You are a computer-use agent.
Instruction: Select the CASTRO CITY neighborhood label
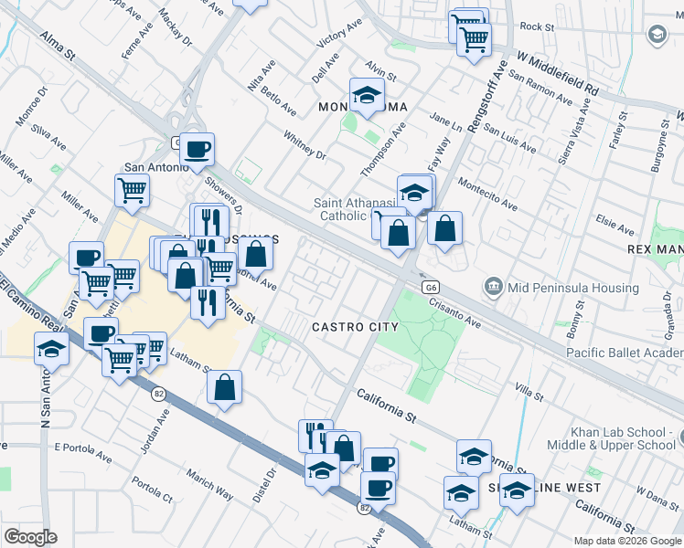click(x=355, y=327)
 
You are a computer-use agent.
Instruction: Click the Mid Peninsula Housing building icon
click(x=494, y=287)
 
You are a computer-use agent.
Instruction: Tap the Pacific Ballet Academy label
click(x=625, y=353)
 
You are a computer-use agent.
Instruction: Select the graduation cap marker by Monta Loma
click(x=367, y=95)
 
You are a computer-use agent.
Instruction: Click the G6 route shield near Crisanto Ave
click(x=431, y=287)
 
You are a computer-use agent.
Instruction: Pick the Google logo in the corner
click(x=30, y=537)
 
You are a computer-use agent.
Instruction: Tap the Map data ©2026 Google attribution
click(x=627, y=541)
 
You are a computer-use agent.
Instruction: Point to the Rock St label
click(x=537, y=27)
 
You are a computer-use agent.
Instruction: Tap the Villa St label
click(x=529, y=393)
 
